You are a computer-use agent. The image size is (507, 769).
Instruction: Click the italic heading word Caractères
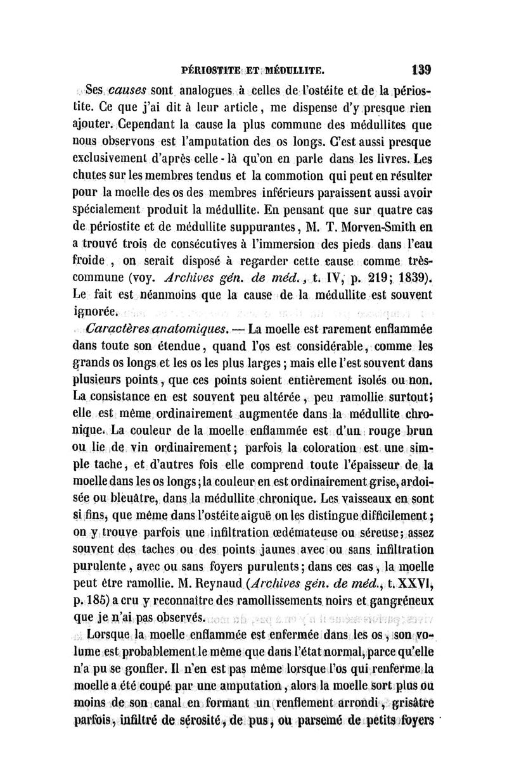tap(117, 328)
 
